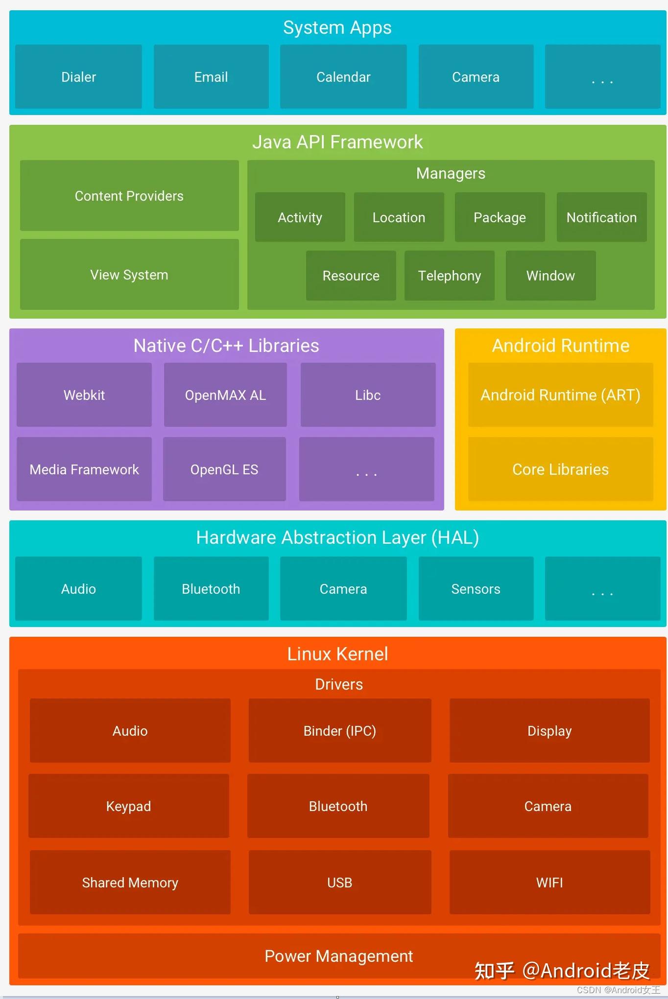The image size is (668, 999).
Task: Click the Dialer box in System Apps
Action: pos(78,77)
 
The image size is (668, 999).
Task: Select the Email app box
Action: pos(211,77)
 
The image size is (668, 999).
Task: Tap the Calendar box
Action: pos(343,77)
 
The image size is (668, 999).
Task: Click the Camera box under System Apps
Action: pos(476,77)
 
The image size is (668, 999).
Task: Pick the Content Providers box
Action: pos(129,196)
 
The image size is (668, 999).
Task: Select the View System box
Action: pos(129,275)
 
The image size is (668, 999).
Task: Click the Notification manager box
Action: pos(601,217)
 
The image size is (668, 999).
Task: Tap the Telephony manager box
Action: pos(449,276)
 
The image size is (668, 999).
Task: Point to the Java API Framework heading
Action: pos(337,142)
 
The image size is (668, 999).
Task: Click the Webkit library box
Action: pos(84,395)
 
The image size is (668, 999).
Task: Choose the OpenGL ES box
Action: pos(224,469)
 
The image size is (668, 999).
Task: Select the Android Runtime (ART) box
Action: pos(560,395)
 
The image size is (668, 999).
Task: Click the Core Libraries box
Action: pos(560,469)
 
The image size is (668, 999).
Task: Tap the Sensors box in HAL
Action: pos(476,589)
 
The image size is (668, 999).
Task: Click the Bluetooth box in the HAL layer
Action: pos(211,589)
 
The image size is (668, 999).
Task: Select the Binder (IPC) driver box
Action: pos(339,731)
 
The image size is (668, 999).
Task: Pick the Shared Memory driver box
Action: pos(130,883)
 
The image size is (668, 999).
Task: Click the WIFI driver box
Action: pos(549,883)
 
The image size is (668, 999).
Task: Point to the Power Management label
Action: pos(338,956)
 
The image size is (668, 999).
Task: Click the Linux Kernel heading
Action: pos(337,654)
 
